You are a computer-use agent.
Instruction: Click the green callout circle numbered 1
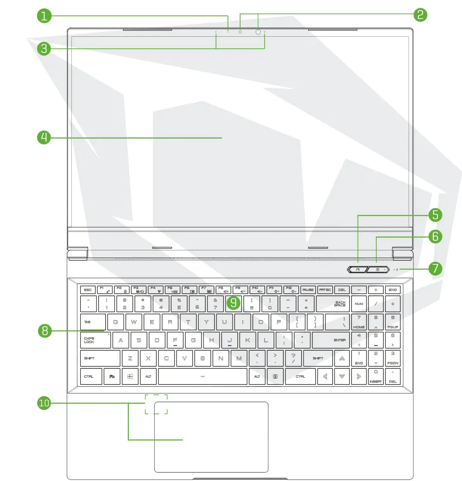44,16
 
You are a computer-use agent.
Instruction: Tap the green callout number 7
435,269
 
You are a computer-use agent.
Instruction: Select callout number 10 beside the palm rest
44,403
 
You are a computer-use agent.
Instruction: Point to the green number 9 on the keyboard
234,303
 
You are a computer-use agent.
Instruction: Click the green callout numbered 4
44,137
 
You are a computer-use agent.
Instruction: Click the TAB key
93,321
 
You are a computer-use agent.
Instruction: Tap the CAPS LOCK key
95,340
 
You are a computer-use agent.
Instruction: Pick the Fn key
112,376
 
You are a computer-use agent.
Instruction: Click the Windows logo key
130,376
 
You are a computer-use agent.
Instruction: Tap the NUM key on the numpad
359,303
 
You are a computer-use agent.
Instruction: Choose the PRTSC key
325,289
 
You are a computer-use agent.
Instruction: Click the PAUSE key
308,289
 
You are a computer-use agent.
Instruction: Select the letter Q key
116,321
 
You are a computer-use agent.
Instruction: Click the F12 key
291,289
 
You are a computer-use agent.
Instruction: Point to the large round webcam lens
258,32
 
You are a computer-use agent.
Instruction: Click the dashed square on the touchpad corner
156,404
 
